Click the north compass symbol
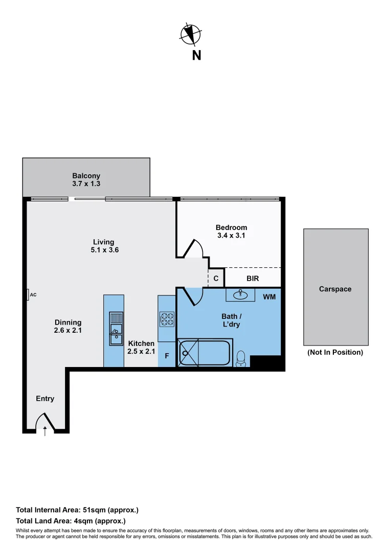click(x=191, y=35)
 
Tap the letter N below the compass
click(x=196, y=55)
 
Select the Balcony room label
click(x=86, y=176)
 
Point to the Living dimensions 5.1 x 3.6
click(x=105, y=250)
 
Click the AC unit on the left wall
click(x=28, y=295)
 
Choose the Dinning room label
click(x=68, y=323)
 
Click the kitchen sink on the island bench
click(x=116, y=329)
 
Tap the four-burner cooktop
click(x=167, y=319)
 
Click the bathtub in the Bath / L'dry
click(x=205, y=353)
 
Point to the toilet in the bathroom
click(x=241, y=359)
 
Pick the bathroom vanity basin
click(x=240, y=294)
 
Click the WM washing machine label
click(x=269, y=297)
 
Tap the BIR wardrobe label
click(x=253, y=279)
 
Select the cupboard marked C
click(x=216, y=278)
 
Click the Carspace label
click(x=335, y=289)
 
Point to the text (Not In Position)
click(x=335, y=352)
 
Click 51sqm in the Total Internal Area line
click(x=94, y=510)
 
